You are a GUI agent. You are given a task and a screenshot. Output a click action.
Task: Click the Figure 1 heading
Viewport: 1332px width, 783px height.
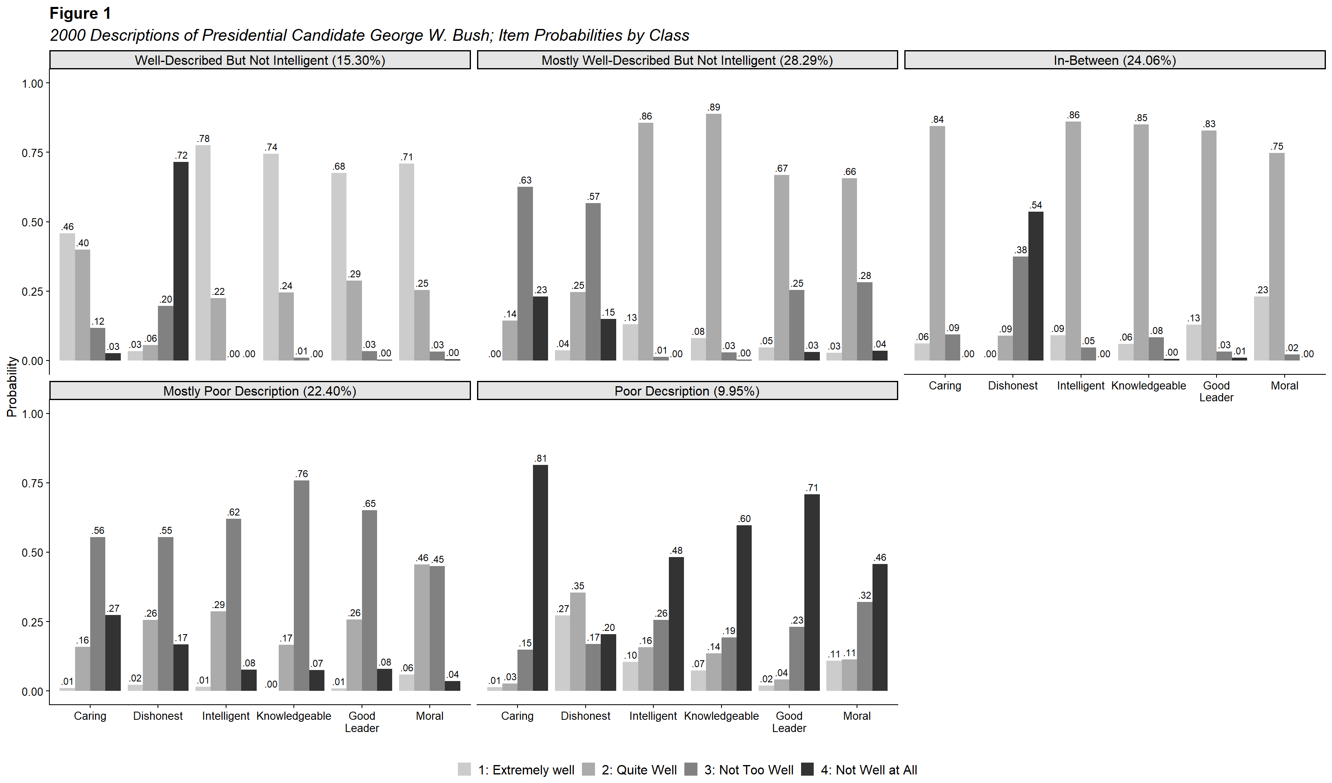(80, 13)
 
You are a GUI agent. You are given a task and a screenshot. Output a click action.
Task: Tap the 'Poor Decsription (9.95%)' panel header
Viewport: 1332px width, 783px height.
(687, 391)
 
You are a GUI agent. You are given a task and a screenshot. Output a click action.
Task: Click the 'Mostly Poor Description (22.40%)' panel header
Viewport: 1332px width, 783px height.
(260, 391)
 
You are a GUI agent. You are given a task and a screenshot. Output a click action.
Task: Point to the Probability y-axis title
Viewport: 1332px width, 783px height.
(11, 387)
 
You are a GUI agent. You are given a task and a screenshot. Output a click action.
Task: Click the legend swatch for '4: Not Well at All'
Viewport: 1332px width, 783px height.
(807, 769)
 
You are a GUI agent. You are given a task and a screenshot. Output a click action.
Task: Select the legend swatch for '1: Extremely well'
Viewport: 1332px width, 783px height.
(464, 769)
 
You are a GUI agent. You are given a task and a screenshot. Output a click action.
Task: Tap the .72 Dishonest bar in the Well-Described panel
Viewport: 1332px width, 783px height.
(181, 261)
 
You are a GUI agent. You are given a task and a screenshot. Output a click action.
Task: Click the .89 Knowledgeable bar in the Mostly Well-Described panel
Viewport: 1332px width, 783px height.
(714, 237)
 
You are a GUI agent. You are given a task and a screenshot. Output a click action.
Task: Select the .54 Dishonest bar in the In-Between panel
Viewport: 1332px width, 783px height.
(1035, 286)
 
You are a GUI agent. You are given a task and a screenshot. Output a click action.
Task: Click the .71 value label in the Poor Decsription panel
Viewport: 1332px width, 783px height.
(812, 488)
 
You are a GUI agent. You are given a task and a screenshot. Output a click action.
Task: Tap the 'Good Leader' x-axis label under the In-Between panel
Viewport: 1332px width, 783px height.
(1216, 391)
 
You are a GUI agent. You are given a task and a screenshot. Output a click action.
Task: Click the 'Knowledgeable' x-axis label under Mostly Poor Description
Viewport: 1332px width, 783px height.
(293, 716)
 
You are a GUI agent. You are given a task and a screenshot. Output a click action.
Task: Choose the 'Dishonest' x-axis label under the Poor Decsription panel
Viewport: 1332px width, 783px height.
(585, 716)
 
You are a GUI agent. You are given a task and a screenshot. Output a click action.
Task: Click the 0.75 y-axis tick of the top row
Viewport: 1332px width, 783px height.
(32, 153)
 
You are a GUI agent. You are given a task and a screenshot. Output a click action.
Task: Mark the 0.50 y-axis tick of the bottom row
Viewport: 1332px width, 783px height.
(32, 553)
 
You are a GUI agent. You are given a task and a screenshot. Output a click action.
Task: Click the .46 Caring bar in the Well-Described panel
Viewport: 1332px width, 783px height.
(67, 297)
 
